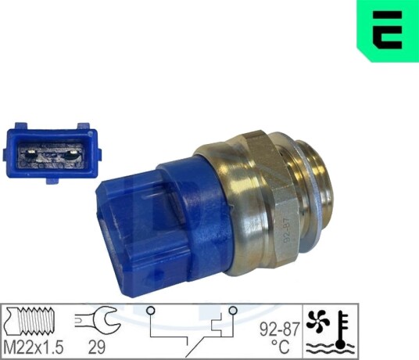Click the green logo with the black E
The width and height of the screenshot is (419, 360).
click(388, 31)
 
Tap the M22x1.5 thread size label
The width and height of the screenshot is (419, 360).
click(34, 347)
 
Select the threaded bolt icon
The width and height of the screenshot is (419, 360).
click(30, 321)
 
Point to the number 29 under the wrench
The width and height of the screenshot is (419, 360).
click(97, 347)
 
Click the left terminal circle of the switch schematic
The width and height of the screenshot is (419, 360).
click(151, 311)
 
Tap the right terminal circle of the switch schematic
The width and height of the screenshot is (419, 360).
click(233, 311)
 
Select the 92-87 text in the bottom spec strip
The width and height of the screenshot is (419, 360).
click(280, 329)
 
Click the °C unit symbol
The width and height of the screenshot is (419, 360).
click(281, 347)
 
